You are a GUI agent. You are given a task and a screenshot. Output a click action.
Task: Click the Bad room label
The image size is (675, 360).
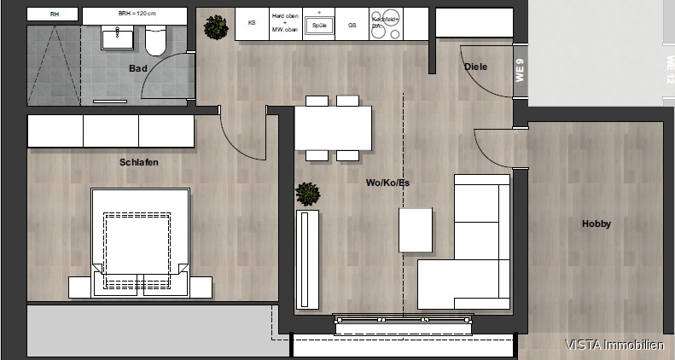(137, 68)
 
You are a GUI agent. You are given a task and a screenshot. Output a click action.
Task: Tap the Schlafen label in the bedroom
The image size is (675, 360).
(138, 162)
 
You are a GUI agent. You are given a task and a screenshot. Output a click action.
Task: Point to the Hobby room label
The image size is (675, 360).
(596, 224)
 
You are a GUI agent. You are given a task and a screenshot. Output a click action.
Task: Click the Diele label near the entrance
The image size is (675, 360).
(475, 67)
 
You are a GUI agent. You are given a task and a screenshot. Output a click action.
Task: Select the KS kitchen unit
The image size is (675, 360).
(252, 24)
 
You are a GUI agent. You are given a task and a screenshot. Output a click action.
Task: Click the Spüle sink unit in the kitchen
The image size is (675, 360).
(319, 25)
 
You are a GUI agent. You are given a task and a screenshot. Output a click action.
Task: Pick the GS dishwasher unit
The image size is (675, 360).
(352, 26)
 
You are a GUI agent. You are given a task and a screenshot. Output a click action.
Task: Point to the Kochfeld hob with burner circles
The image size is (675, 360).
(385, 25)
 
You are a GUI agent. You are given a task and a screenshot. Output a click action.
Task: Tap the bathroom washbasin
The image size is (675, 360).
(113, 37)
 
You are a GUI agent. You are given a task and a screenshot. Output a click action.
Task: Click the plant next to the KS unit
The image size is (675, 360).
(217, 26)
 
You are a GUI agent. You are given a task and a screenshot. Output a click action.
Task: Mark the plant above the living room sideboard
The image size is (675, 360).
(307, 194)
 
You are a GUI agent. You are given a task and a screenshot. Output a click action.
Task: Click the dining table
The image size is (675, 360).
(333, 128)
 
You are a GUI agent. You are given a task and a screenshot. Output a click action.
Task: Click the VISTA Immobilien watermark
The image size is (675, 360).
(614, 345)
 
